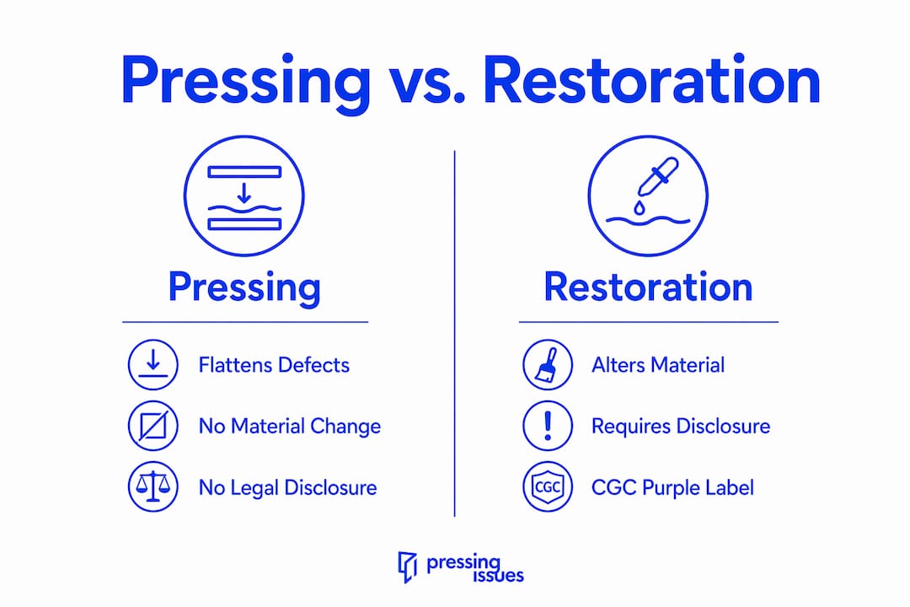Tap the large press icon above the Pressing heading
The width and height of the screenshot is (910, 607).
click(244, 196)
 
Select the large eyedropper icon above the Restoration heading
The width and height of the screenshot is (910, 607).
click(648, 196)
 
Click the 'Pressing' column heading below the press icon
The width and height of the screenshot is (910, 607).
click(244, 287)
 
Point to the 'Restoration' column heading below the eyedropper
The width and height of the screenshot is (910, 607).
click(648, 287)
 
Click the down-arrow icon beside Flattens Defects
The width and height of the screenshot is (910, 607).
click(153, 365)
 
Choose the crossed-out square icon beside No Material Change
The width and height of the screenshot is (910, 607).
click(153, 426)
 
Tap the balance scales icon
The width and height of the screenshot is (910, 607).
click(153, 486)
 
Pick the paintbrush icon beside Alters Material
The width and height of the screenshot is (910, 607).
click(548, 365)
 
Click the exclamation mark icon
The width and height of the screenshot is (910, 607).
click(548, 426)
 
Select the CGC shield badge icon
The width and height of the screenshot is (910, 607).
click(548, 486)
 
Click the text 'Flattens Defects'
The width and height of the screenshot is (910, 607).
click(274, 365)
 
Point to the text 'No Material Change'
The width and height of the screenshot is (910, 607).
click(290, 426)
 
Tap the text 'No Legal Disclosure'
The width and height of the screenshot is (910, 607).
click(288, 487)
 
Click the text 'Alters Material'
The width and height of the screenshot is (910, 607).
click(658, 365)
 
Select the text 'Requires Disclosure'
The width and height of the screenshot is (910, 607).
click(681, 426)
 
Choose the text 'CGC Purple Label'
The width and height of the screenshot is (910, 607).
click(672, 487)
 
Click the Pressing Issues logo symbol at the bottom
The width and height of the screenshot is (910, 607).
click(408, 567)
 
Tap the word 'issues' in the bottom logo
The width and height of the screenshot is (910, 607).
click(499, 576)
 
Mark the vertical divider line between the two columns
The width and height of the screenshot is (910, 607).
click(454, 333)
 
